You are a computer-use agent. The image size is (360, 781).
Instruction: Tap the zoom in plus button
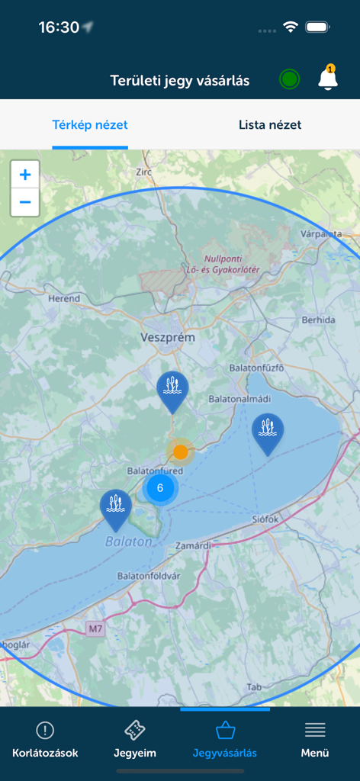pos(25,175)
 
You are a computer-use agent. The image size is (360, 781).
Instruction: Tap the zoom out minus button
pos(25,202)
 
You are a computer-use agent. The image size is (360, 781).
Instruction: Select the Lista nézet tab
pos(270,125)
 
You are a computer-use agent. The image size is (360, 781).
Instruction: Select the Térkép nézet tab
pos(90,125)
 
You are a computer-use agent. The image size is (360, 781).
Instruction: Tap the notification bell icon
pos(328,79)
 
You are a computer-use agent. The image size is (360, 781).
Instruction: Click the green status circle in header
pos(289,79)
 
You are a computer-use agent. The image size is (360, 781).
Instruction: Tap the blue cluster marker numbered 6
pos(159,488)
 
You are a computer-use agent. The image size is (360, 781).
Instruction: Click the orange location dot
pos(181,452)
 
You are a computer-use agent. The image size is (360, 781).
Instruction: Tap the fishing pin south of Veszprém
pos(173,390)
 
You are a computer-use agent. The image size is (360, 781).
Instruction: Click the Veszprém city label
pos(168,337)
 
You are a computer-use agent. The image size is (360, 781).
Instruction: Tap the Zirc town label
pos(143,173)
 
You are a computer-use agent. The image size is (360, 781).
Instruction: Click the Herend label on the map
pos(63,299)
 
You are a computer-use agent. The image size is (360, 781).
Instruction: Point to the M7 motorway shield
pos(95,629)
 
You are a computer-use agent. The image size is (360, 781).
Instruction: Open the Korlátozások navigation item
pos(45,739)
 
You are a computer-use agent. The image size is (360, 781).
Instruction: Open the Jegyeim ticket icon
pos(134,731)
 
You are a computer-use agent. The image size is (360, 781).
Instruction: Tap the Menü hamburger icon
pos(315,731)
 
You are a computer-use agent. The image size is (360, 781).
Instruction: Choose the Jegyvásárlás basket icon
pos(225,731)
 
